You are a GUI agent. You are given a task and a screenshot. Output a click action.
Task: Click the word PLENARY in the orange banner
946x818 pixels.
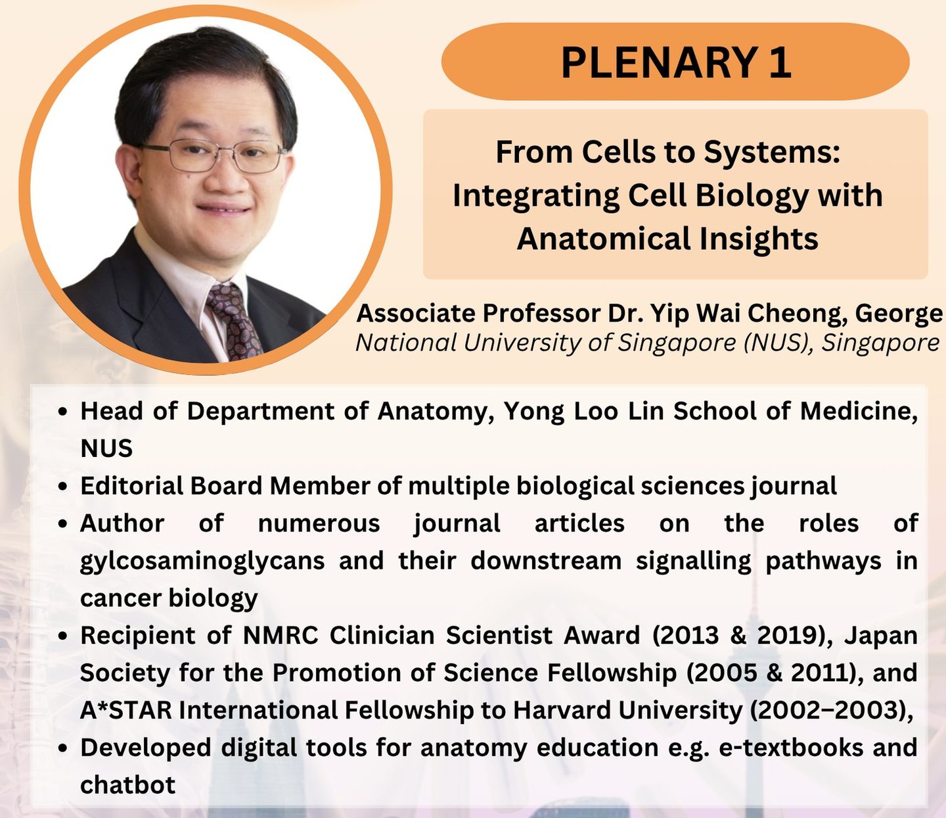point(658,62)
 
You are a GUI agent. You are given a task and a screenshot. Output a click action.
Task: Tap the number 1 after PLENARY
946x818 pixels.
point(780,62)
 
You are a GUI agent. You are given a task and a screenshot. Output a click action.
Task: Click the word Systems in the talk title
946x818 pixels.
point(772,153)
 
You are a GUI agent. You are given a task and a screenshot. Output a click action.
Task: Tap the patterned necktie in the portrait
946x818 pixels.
point(233,321)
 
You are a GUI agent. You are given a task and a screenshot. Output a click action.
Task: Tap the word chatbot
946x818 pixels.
point(127,785)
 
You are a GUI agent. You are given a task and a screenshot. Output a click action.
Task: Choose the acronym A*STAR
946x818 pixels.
point(126,710)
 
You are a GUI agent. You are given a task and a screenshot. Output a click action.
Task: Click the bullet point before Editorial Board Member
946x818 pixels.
point(64,487)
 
